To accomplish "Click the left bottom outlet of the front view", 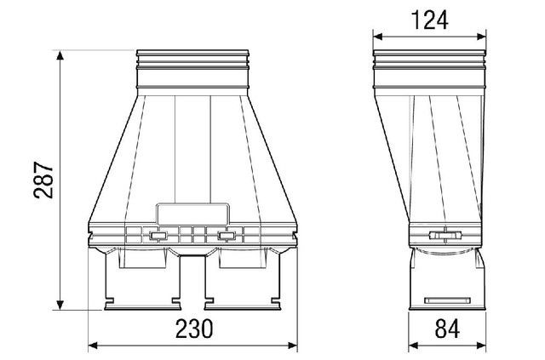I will click(x=141, y=281).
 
